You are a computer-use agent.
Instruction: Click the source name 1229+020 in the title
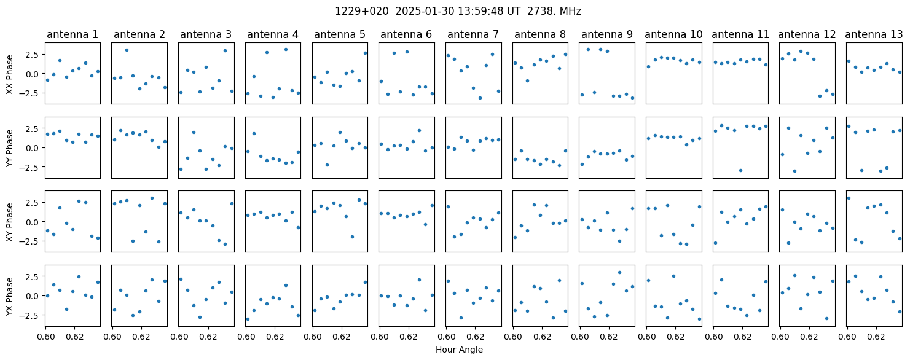pyautogui.click(x=361, y=12)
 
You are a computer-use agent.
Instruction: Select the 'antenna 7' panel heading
pyautogui.click(x=473, y=35)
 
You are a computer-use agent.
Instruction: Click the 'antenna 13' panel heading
pyautogui.click(x=874, y=35)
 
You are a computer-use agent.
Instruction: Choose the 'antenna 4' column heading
pyautogui.click(x=273, y=35)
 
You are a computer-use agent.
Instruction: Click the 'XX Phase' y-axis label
pyautogui.click(x=10, y=74)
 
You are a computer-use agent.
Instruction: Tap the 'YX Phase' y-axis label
pyautogui.click(x=10, y=296)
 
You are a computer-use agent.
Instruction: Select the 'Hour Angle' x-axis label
pyautogui.click(x=459, y=350)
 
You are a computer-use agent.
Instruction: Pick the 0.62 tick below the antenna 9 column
pyautogui.click(x=608, y=337)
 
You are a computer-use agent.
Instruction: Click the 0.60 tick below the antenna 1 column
pyautogui.click(x=45, y=337)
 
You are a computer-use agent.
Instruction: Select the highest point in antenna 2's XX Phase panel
pyautogui.click(x=127, y=50)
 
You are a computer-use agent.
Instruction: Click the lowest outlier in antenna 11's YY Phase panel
pyautogui.click(x=740, y=170)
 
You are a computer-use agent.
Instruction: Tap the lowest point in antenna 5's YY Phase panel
pyautogui.click(x=327, y=165)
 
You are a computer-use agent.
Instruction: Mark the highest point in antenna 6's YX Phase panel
pyautogui.click(x=419, y=280)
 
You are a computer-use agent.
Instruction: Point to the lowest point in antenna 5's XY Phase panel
pyautogui.click(x=352, y=237)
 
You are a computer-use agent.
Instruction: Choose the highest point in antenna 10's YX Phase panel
pyautogui.click(x=673, y=276)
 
